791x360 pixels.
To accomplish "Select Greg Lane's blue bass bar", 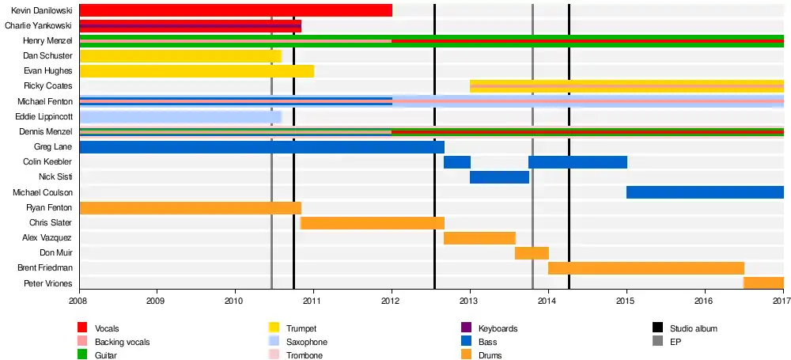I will coord(261,147).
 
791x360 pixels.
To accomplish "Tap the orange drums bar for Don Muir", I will coord(532,253).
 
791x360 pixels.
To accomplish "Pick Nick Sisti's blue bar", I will coord(499,177).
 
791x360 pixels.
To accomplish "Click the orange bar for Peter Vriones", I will coord(763,283).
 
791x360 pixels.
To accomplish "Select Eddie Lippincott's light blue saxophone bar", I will coord(180,117).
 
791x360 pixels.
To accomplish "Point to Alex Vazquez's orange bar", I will coord(479,238).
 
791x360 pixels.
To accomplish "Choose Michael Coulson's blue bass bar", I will coord(705,192).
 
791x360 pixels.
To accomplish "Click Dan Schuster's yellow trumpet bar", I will coord(180,56).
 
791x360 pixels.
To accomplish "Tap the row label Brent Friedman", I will coord(44,268).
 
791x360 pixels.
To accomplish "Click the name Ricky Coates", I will coord(49,86).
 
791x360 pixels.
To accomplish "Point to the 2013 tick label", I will coord(470,301).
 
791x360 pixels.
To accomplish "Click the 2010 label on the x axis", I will coord(234,301).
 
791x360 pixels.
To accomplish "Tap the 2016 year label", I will coord(705,301).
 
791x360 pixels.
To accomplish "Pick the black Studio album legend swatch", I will coord(657,328).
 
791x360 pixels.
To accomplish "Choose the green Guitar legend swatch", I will coord(82,356).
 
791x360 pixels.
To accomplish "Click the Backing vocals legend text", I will coord(122,342).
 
